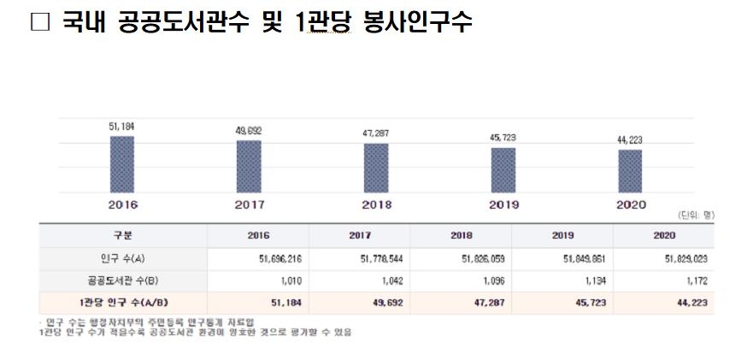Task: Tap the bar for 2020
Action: click(630, 170)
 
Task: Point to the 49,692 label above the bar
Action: click(249, 130)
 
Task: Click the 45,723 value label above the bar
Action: click(503, 137)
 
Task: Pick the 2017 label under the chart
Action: click(249, 205)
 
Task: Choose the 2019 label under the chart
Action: click(503, 205)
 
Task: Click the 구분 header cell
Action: click(123, 235)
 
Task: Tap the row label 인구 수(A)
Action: click(123, 257)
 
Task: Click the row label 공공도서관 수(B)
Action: click(123, 280)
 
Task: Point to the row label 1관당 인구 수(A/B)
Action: click(123, 302)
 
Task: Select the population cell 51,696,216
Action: click(270, 257)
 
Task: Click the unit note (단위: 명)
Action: click(694, 215)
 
